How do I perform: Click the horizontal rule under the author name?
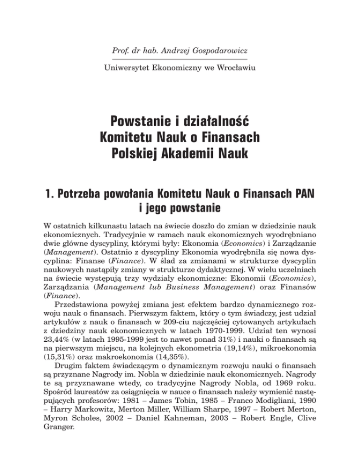click(180, 59)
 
